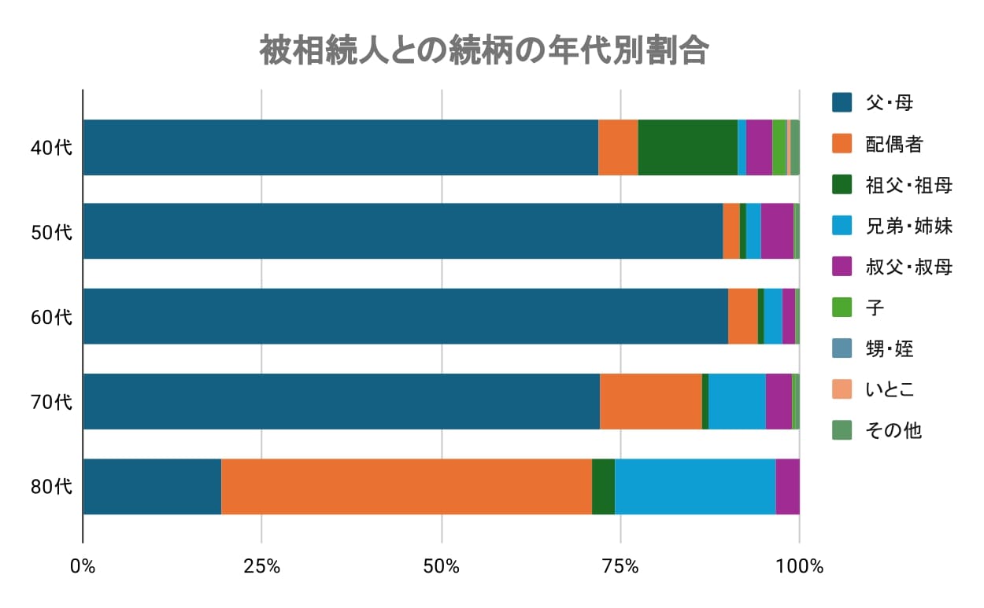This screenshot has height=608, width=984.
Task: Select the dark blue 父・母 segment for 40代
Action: (340, 147)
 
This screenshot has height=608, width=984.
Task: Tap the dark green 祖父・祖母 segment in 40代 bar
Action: (687, 147)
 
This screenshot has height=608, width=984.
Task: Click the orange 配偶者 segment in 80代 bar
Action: (406, 486)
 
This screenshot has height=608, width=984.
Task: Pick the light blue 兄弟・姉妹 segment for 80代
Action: (695, 486)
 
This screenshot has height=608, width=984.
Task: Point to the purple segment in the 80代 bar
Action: (787, 486)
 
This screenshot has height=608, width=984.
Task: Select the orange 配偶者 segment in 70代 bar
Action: (650, 401)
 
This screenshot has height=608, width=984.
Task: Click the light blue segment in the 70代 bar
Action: (737, 401)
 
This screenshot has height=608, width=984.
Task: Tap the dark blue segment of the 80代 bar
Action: (152, 486)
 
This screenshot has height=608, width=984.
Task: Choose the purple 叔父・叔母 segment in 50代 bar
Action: (777, 230)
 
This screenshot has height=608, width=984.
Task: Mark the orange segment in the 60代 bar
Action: (742, 316)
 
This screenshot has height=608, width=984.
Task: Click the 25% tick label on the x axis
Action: (261, 566)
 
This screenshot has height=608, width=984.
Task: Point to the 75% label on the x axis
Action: (620, 566)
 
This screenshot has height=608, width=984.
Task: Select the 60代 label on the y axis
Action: (51, 317)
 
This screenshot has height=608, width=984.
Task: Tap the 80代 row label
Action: (51, 487)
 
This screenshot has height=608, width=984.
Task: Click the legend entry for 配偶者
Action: (893, 144)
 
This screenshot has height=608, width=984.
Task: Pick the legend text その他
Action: (893, 430)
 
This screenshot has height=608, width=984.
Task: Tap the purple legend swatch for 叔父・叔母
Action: (842, 267)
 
